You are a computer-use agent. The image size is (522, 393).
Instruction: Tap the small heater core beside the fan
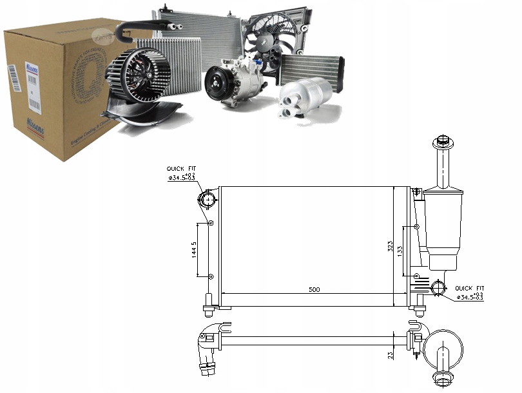pyautogui.click(x=311, y=68)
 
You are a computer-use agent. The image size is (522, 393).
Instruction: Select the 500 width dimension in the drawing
pyautogui.click(x=314, y=289)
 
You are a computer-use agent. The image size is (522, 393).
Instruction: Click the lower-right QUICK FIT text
pyautogui.click(x=469, y=288)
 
